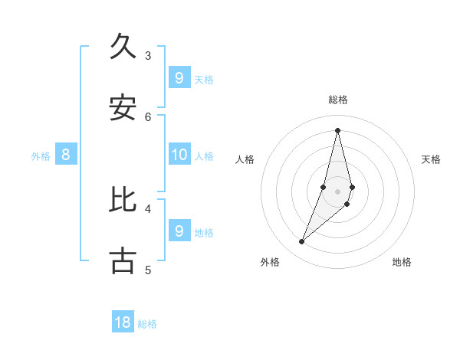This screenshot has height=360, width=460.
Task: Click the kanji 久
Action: click(123, 47)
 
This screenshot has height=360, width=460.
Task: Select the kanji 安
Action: click(123, 108)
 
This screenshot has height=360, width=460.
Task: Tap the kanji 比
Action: click(123, 200)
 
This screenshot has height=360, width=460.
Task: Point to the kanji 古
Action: click(123, 261)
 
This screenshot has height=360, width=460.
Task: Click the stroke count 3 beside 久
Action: click(148, 55)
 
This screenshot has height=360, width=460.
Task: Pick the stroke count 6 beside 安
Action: click(148, 116)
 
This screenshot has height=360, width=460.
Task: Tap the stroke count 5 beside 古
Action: click(148, 270)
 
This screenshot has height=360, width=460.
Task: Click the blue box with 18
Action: click(123, 322)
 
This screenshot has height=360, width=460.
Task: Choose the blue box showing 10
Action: click(179, 155)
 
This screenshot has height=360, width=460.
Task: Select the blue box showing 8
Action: click(66, 155)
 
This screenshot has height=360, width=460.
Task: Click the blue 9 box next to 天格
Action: click(179, 77)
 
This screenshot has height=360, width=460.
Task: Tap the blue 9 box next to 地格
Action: click(179, 231)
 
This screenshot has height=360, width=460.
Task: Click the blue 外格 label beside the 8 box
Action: click(41, 156)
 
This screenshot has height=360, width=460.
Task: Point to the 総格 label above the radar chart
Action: click(338, 100)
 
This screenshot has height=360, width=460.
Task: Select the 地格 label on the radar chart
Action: click(402, 262)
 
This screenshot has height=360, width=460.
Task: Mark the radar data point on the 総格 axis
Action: click(338, 130)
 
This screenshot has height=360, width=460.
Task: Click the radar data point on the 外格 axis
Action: click(301, 242)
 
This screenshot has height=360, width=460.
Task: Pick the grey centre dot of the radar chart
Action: click(338, 191)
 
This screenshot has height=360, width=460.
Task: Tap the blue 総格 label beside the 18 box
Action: click(147, 324)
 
